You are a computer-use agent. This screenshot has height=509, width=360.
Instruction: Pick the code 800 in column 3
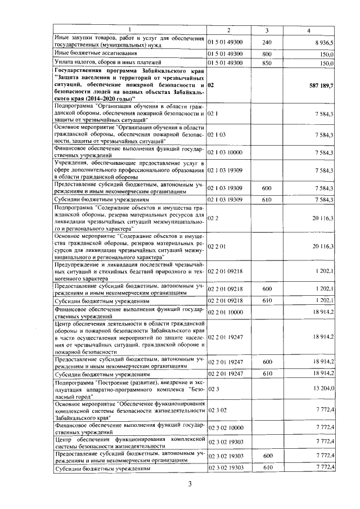pyautogui.click(x=267, y=53)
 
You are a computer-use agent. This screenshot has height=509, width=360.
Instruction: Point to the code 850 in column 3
pyautogui.click(x=267, y=64)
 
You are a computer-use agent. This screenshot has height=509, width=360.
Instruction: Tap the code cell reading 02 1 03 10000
pyautogui.click(x=225, y=152)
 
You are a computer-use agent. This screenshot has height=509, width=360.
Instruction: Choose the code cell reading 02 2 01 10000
pyautogui.click(x=225, y=312)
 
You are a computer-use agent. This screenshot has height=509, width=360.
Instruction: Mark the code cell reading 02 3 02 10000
pyautogui.click(x=225, y=427)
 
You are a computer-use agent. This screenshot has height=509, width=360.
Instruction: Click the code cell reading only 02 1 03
pyautogui.click(x=216, y=135)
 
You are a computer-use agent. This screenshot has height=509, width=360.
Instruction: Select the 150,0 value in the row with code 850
pyautogui.click(x=327, y=64)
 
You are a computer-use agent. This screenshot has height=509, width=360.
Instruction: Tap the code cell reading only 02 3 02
pyautogui.click(x=216, y=411)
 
